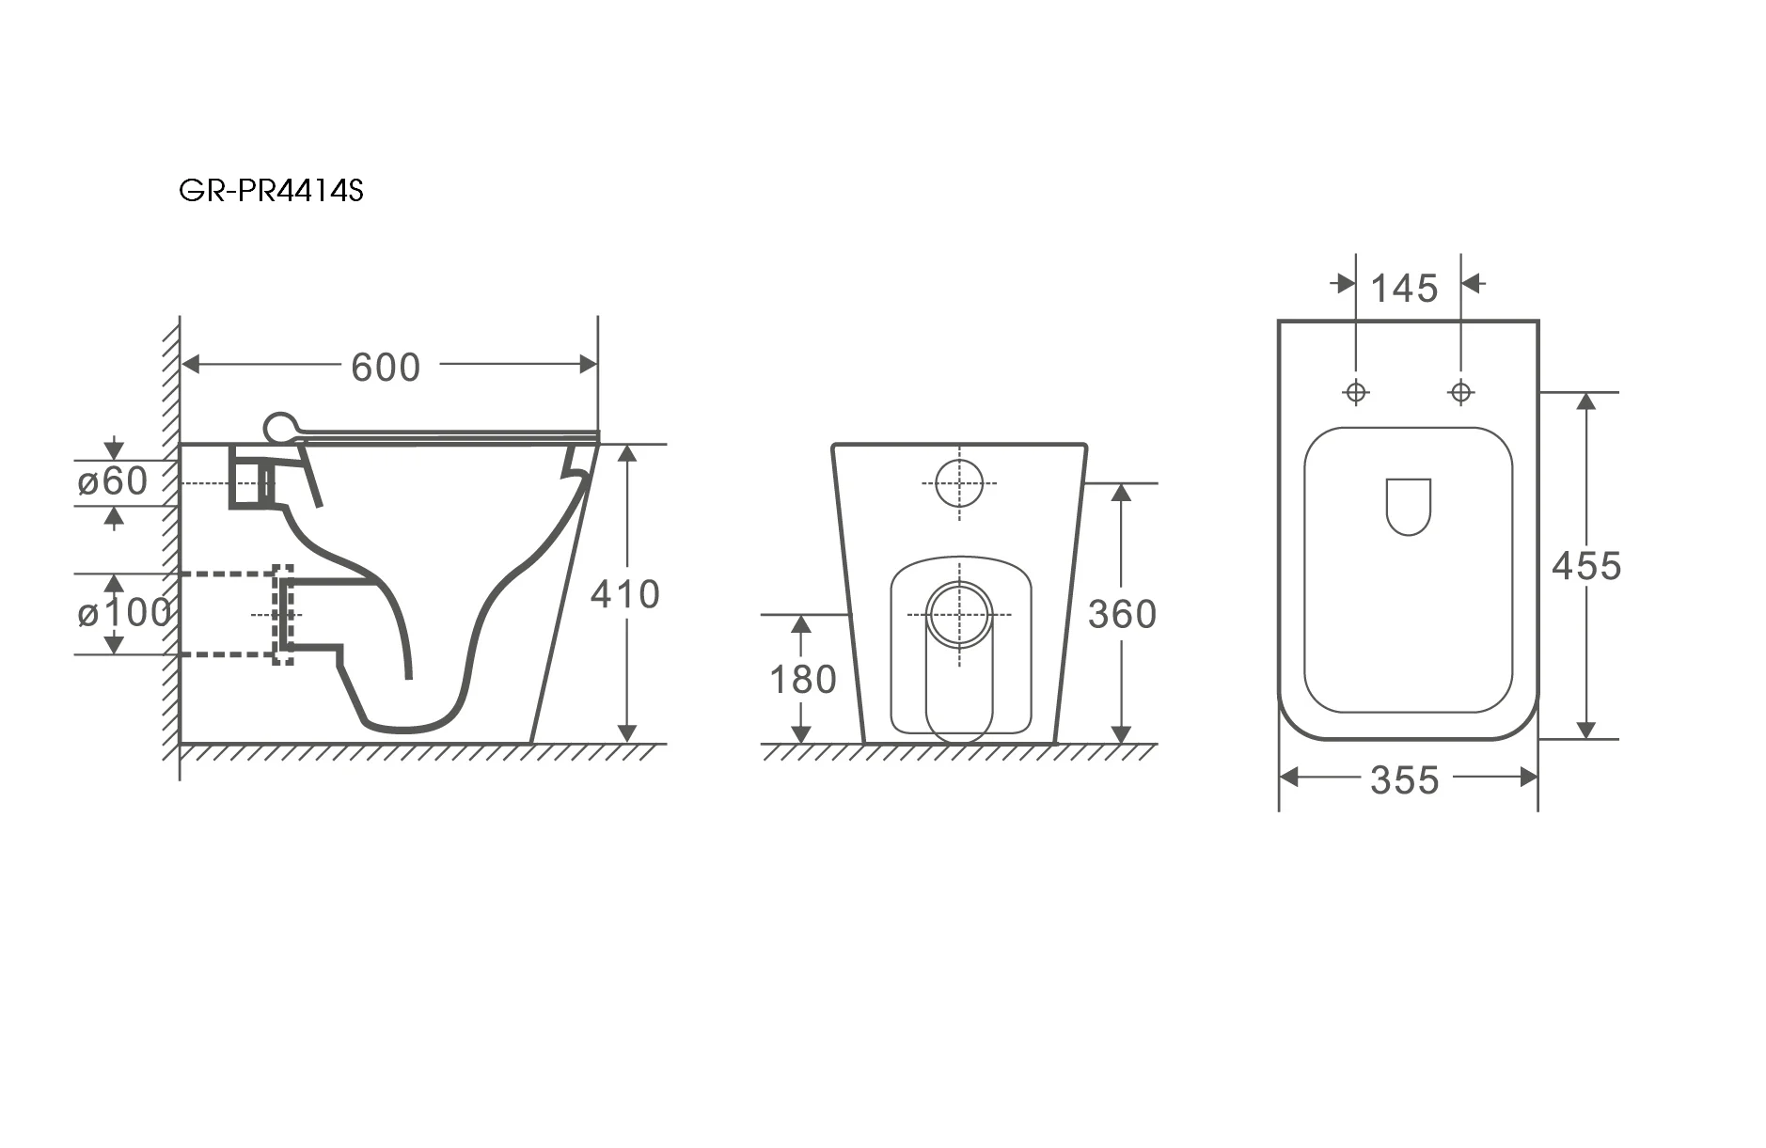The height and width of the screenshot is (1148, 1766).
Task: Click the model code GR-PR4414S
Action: pyautogui.click(x=271, y=191)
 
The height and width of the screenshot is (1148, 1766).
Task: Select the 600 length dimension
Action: pyautogui.click(x=386, y=367)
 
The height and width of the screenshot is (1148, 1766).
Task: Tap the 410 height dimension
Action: pyautogui.click(x=625, y=594)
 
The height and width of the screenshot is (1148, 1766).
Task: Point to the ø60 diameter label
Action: pyautogui.click(x=113, y=481)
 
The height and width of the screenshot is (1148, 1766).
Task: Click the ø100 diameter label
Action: pyautogui.click(x=125, y=613)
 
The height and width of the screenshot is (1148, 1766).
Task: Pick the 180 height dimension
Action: pyautogui.click(x=803, y=680)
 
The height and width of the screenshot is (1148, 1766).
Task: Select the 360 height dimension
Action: pyautogui.click(x=1122, y=615)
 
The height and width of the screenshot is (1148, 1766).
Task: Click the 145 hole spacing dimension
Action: pyautogui.click(x=1405, y=289)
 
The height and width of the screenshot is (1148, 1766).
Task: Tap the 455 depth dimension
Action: pyautogui.click(x=1586, y=566)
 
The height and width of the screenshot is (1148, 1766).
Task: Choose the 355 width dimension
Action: pyautogui.click(x=1405, y=780)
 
